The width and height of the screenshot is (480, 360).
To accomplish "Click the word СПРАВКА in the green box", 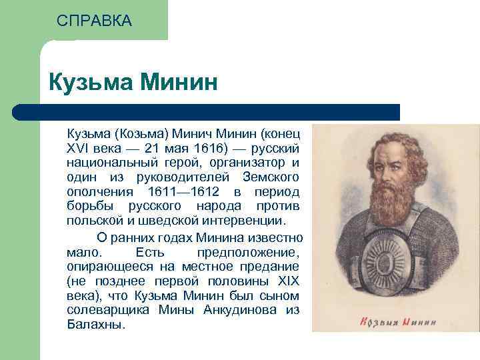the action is point(94,21).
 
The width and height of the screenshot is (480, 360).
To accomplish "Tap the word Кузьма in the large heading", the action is point(91,83).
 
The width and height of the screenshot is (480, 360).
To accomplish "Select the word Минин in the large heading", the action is point(179,82).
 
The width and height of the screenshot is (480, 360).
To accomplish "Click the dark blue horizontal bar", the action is point(206,112).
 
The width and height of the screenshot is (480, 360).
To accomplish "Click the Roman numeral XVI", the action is point(77,149).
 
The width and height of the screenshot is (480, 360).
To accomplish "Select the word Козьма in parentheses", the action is point(142,134).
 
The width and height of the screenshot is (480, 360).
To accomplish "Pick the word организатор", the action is point(247,163).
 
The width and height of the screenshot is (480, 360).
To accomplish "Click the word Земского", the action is point(271,177).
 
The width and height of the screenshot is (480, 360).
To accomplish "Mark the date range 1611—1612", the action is point(184,192).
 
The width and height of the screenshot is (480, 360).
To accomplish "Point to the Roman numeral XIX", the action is point(289,281).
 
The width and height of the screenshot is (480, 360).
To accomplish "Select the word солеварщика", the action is point(108,311).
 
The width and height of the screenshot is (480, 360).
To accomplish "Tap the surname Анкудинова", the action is point(240,310).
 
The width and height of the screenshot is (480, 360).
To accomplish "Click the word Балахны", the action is point(96,325).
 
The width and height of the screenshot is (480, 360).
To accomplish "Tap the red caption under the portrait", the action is point(398,322).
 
